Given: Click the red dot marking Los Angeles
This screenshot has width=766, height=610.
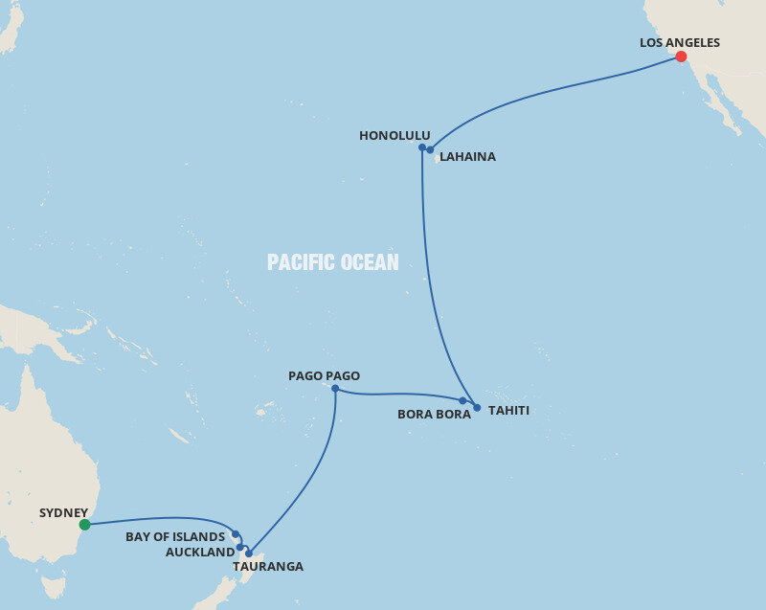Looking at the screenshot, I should click(681, 56).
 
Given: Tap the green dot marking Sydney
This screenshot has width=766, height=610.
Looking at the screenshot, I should click(85, 524).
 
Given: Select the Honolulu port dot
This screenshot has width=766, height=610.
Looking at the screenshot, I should click(422, 147).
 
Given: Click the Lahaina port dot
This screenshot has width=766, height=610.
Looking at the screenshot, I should click(431, 150).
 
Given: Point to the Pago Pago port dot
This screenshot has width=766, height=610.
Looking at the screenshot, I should click(335, 389).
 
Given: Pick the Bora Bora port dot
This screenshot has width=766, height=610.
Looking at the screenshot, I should click(462, 401).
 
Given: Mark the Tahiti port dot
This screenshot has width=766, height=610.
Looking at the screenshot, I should click(477, 408).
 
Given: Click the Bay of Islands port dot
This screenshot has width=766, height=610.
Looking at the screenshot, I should click(236, 534).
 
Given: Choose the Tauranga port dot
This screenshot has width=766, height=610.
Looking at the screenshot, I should click(249, 554).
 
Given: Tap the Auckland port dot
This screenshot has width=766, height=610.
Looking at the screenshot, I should click(240, 548).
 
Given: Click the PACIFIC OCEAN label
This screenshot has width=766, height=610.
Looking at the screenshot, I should click(332, 262).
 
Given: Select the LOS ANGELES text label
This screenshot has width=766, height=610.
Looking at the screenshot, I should click(679, 42).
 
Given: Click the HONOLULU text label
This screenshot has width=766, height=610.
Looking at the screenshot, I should click(394, 136).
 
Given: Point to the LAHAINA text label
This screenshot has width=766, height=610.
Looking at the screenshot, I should click(467, 156).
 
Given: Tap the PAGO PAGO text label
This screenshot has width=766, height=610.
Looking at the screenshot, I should click(324, 376).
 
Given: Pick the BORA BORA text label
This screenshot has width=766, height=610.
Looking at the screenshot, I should click(434, 415).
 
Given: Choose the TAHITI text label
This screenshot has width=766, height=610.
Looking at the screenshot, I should click(508, 411).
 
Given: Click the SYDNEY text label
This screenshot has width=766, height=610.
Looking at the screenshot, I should click(63, 512).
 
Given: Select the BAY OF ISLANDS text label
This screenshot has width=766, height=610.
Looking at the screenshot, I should click(175, 537).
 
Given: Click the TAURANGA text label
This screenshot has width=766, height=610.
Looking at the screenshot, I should click(268, 567).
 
